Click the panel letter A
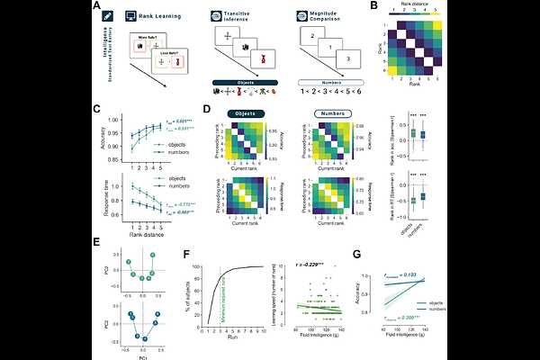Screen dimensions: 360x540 (x=96, y=6)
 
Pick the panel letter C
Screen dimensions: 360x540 (x=96, y=110)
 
